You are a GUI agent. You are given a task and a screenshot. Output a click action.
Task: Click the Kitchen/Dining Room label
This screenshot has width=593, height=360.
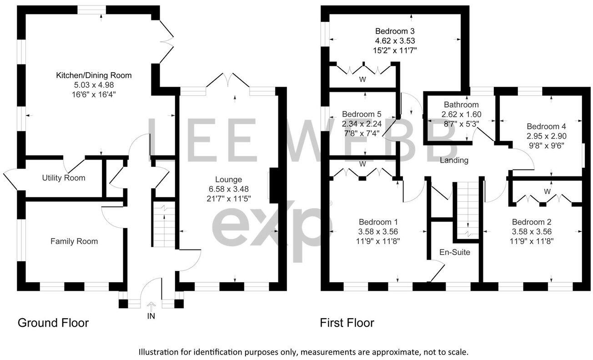point(94,75)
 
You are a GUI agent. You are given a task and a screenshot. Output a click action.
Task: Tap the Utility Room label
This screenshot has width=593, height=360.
point(64,178)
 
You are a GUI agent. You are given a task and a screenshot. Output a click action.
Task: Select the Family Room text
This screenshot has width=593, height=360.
point(74,241)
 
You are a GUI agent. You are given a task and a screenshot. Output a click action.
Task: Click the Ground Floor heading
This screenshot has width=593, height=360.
point(53,323)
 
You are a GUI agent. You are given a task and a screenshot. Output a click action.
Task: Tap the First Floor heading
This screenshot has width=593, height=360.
point(347,323)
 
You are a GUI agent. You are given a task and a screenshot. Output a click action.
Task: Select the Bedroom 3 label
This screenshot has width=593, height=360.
point(395,31)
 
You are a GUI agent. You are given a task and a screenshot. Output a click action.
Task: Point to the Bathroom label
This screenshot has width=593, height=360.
point(461,105)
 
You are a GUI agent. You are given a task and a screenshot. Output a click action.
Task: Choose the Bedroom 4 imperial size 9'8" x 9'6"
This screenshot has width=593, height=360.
point(546,145)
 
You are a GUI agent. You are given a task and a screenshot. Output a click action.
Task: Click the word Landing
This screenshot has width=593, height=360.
point(454,160)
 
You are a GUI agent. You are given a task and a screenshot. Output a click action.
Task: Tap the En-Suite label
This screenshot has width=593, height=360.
point(454,252)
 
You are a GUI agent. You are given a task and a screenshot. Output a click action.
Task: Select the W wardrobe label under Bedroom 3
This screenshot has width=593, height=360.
point(362,79)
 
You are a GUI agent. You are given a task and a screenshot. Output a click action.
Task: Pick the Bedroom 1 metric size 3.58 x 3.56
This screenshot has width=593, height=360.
point(378,231)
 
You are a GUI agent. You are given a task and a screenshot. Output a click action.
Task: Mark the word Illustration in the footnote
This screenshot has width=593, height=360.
point(165,352)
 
